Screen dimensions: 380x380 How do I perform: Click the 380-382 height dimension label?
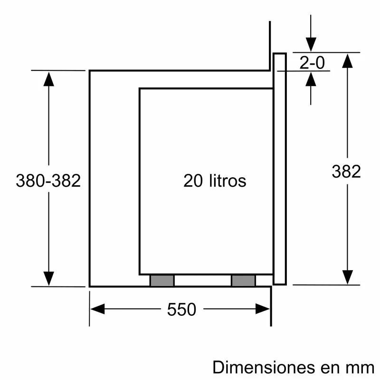point(48,181)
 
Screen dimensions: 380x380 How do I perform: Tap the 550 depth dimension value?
point(181,310)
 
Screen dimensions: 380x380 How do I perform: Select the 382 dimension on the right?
point(346,171)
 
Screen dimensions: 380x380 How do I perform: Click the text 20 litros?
point(215,181)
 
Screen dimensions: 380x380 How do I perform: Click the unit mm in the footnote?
point(362,367)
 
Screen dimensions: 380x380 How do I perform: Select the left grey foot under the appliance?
point(162,281)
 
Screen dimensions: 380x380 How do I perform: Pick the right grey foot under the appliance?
point(243,281)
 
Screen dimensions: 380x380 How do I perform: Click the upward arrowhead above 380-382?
point(48,78)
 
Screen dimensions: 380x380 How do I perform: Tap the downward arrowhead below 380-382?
point(48,278)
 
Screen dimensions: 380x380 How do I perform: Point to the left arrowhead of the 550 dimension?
point(97,310)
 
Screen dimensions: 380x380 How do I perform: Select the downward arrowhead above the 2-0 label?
point(311,44)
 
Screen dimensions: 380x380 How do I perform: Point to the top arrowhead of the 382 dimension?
point(348,60)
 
